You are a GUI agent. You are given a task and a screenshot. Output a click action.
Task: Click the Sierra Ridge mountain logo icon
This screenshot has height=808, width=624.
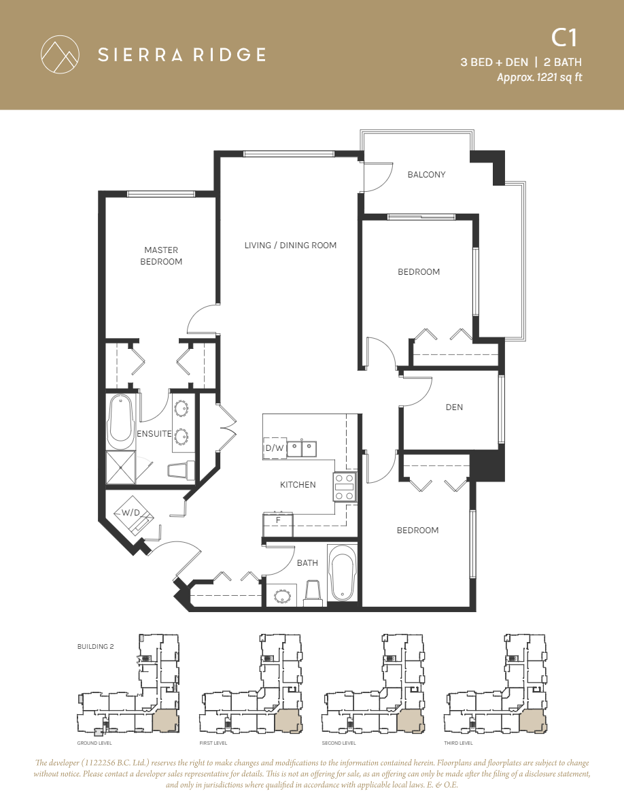click(59, 54)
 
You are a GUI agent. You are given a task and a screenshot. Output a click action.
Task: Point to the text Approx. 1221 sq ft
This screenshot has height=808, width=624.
click(539, 78)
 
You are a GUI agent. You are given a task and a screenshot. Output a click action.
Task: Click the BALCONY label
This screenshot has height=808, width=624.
click(426, 175)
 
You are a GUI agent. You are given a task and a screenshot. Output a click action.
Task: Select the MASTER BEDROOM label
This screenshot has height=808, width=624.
click(161, 256)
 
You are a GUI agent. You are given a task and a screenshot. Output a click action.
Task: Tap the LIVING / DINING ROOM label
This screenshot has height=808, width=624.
click(290, 246)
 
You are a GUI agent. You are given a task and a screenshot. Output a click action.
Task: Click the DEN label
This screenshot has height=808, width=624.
click(454, 407)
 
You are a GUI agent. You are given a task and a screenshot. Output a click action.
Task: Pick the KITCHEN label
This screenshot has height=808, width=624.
click(298, 485)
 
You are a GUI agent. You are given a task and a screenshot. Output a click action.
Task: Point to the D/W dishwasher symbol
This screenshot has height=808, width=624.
click(274, 448)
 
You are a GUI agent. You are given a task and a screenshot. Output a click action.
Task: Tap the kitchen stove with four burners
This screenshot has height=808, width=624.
click(345, 487)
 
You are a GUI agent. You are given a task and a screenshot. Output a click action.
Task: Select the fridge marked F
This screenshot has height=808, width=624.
click(278, 524)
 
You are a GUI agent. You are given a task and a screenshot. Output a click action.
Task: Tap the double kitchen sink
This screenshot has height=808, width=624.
click(301, 448)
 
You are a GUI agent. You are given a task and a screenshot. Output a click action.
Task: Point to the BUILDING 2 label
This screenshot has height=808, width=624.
click(96, 647)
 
